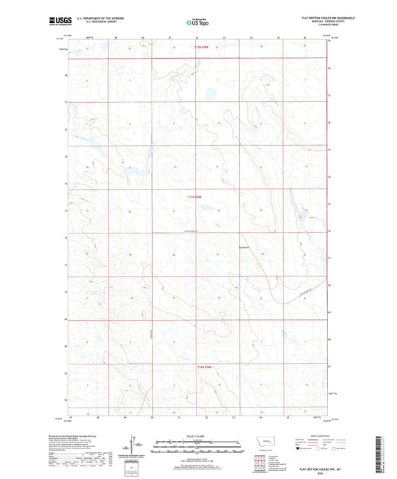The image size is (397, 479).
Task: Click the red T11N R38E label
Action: pos(194,196)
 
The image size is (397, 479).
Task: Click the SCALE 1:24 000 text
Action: pos(197,436)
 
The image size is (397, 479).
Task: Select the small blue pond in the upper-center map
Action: pos(200,94)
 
